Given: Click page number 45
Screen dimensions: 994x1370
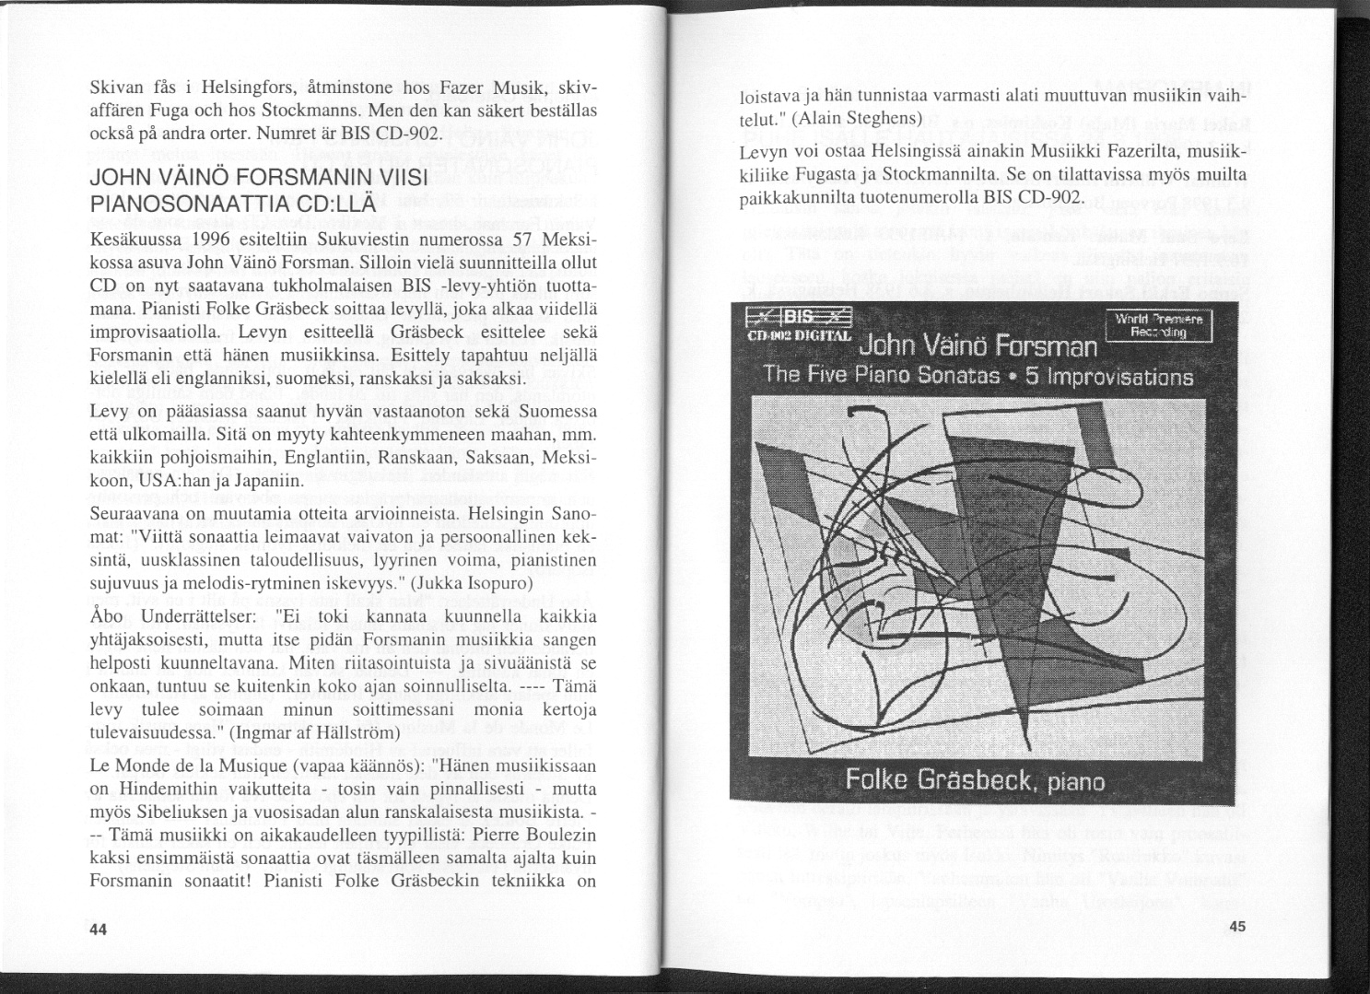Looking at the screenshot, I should pyautogui.click(x=1236, y=928).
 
